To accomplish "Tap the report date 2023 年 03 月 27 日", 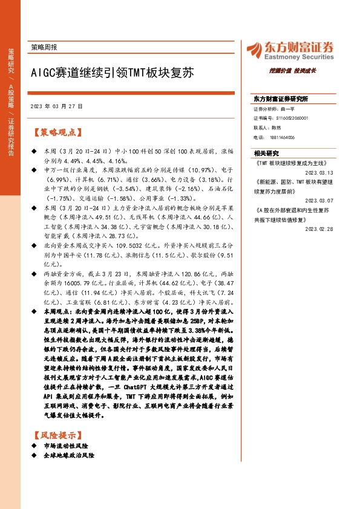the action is point(56,106).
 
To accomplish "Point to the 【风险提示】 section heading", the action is point(58,434).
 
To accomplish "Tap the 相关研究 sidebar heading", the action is point(266,153).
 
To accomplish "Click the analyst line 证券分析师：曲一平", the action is point(278,110).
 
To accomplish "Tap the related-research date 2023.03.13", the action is point(333,172).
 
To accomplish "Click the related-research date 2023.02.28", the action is point(333,229).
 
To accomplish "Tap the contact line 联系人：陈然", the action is point(268,128).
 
